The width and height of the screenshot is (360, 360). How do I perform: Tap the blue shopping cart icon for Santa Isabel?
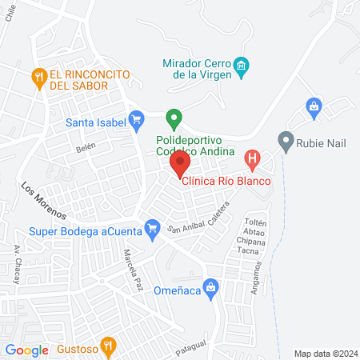(136, 122)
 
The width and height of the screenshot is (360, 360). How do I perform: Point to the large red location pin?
(179, 166)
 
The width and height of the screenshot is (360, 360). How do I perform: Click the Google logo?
(26, 350)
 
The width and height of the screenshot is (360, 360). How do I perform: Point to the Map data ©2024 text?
(324, 353)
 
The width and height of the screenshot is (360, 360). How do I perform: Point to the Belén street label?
(86, 147)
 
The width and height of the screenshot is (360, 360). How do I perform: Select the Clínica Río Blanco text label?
(227, 180)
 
